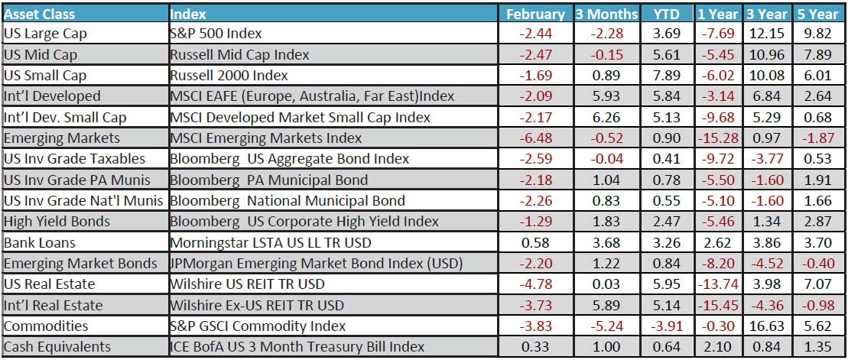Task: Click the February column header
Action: tap(535, 14)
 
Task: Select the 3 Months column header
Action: tap(606, 14)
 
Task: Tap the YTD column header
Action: tap(666, 14)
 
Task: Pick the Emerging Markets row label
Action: tap(62, 138)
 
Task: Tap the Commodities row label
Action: tap(45, 326)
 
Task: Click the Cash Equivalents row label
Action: tap(57, 346)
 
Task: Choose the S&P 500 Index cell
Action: tap(216, 34)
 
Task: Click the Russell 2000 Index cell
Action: tap(229, 76)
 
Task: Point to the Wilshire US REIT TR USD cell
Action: tap(247, 284)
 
